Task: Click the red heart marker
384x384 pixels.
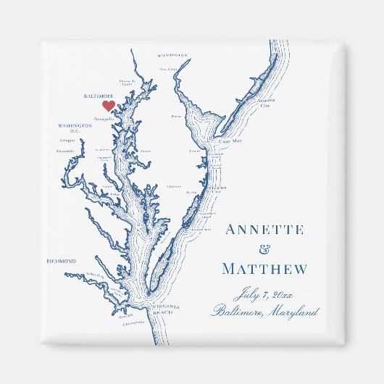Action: [x=108, y=106]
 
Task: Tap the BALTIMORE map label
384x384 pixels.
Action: [x=99, y=95]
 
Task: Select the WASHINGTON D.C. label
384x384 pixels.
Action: [x=75, y=128]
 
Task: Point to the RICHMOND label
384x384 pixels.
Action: [x=61, y=261]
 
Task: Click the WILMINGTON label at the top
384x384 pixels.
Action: [x=172, y=54]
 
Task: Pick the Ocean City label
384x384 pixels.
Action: [x=218, y=188]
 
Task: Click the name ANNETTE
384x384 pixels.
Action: [x=264, y=230]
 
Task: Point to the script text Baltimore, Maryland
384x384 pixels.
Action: [x=265, y=312]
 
